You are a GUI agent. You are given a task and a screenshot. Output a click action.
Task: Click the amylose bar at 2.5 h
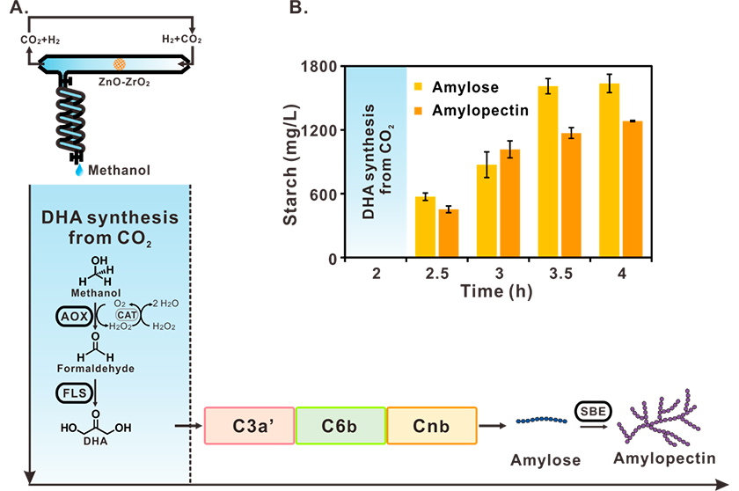(x=425, y=227)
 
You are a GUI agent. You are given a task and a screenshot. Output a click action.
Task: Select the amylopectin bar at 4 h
(x=633, y=189)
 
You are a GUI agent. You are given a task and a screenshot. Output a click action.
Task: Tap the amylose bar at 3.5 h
(x=547, y=172)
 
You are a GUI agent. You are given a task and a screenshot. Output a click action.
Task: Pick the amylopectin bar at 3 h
(x=510, y=203)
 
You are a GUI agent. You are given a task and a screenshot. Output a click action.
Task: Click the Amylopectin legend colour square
(x=418, y=111)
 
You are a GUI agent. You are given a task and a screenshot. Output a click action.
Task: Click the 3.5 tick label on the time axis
(x=560, y=274)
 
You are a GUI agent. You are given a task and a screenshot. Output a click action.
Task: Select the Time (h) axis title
(x=496, y=291)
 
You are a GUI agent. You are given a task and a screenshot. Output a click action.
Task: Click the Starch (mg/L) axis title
(x=291, y=165)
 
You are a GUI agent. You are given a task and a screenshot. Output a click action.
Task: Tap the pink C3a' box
(x=249, y=426)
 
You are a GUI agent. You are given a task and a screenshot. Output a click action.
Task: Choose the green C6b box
(x=340, y=426)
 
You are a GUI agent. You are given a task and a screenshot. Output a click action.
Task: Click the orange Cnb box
(x=432, y=426)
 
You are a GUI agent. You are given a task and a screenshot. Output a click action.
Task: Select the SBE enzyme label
(x=593, y=411)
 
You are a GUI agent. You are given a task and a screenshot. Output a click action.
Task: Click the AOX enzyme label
(x=75, y=316)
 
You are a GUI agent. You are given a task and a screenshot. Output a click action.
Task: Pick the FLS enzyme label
(x=75, y=393)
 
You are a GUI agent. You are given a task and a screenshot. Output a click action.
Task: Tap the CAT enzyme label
(x=128, y=315)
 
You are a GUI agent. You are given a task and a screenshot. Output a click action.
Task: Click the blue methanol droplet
(x=79, y=170)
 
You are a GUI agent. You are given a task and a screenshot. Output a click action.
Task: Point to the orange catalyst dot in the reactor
(x=120, y=63)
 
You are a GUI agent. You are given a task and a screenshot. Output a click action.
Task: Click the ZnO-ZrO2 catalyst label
(x=124, y=82)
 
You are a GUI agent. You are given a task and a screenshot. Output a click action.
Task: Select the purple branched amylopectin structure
(x=659, y=419)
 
